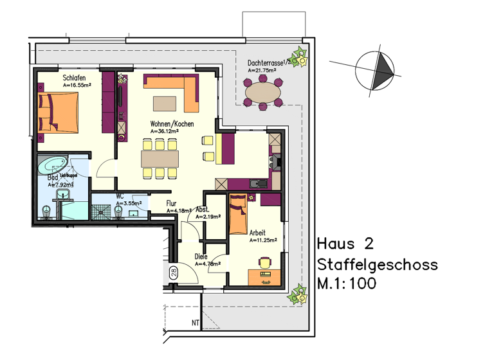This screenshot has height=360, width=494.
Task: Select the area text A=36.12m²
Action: [164, 131]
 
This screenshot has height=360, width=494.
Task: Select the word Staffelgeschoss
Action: [377, 265]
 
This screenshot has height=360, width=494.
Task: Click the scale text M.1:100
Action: [347, 283]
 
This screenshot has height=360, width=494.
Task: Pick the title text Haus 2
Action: [345, 244]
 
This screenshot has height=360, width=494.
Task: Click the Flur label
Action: [172, 203]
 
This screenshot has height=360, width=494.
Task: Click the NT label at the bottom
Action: [195, 323]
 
